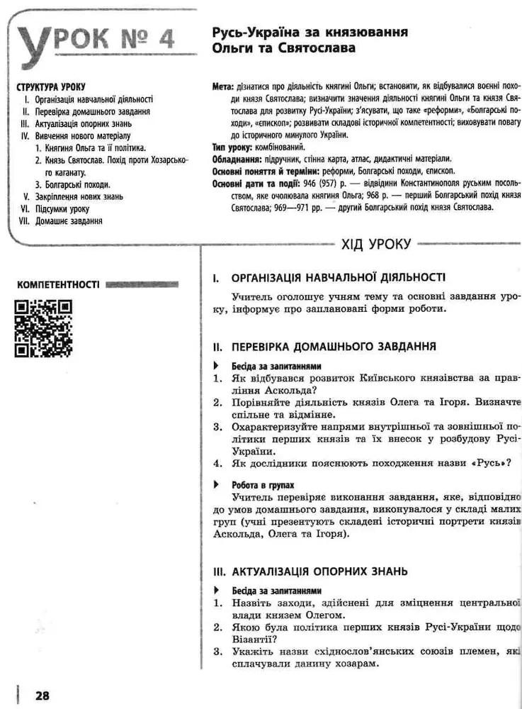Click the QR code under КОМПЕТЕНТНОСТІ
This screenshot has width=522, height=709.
tap(43, 328)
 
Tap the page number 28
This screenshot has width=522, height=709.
tap(42, 696)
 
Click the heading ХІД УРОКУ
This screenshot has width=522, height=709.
tap(375, 245)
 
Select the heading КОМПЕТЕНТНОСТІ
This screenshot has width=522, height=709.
tap(57, 285)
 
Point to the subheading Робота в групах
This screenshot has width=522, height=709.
tap(263, 486)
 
